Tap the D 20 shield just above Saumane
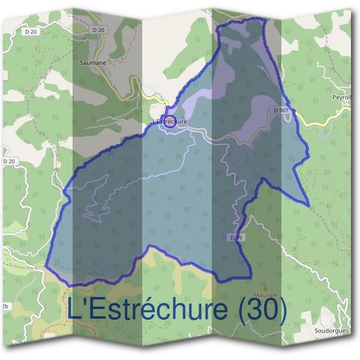100,29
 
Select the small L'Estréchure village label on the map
170,121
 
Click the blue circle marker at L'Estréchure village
170,121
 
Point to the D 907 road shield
280,110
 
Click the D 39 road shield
236,238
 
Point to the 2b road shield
5,306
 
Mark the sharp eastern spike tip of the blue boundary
310,206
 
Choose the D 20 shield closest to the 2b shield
8,161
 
